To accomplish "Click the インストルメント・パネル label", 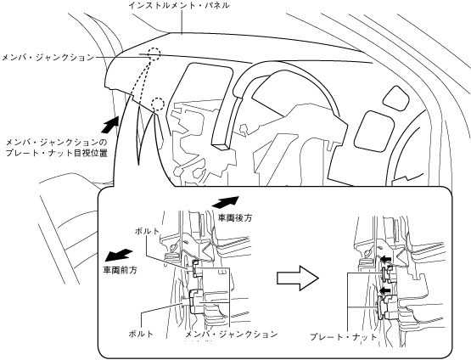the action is click(179, 5).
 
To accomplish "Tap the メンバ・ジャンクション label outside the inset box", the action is click(48, 57).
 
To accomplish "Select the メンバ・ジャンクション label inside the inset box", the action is click(231, 335).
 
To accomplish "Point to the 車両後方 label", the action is click(234, 217).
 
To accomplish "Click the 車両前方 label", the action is click(120, 270).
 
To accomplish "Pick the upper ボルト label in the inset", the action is click(147, 231).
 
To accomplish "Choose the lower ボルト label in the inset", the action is click(141, 334).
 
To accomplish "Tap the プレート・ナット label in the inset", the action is click(344, 336).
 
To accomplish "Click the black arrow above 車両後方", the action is click(226, 201).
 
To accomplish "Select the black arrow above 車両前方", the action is click(119, 255).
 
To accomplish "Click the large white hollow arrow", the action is click(297, 278).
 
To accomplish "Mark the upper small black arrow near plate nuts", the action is click(385, 258).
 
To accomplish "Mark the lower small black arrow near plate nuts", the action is click(385, 290).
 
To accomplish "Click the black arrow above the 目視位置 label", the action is click(109, 125).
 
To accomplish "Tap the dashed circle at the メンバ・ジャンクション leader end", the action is click(154, 54).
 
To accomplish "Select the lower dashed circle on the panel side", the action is click(158, 104).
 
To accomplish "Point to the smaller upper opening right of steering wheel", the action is click(396, 98).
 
